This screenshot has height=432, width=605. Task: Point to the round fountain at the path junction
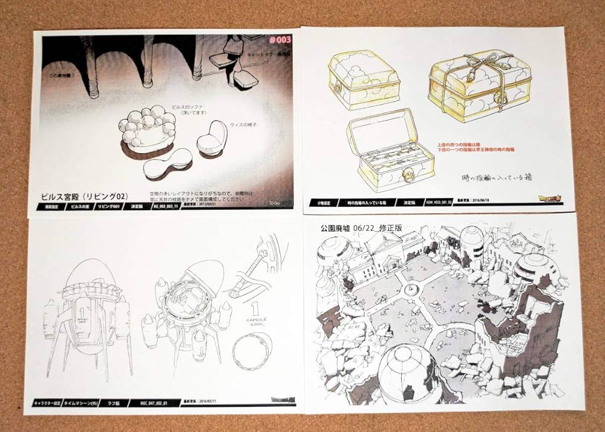click(x=411, y=290)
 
